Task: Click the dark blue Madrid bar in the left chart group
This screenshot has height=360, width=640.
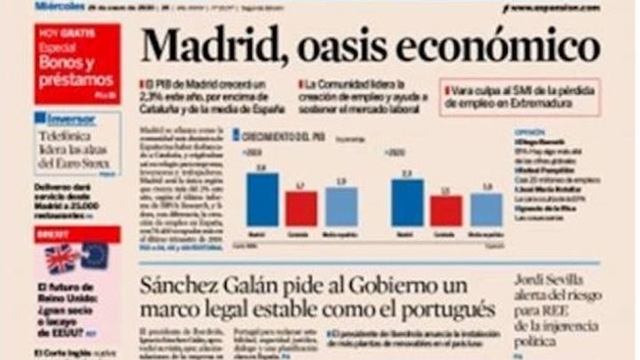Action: pos(261,199)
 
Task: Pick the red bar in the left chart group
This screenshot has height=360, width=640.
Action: pos(301,208)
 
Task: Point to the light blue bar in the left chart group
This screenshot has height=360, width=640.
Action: pos(340,206)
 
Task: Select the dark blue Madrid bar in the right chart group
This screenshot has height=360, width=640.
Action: pos(407,203)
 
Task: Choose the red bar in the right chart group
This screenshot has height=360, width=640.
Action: pos(446,211)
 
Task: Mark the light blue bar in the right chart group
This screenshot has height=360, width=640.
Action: pos(486,209)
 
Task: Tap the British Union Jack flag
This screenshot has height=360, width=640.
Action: pos(62,258)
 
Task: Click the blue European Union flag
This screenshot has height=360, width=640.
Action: pos(94,257)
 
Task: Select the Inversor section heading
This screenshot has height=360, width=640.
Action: pos(66,118)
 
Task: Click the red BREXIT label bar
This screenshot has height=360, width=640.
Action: pos(78,235)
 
